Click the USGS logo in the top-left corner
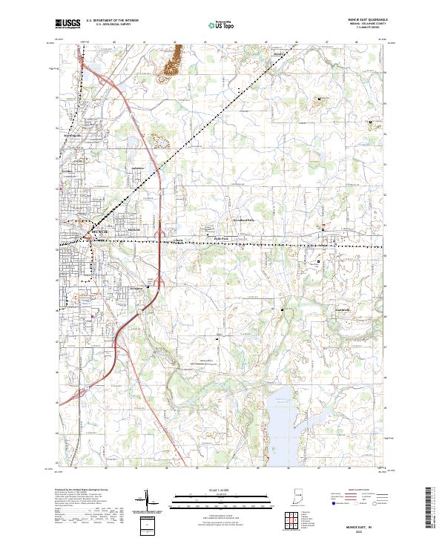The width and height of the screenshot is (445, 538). (67, 24)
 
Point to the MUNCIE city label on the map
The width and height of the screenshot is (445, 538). (99, 232)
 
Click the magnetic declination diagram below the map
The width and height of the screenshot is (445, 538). (149, 499)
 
